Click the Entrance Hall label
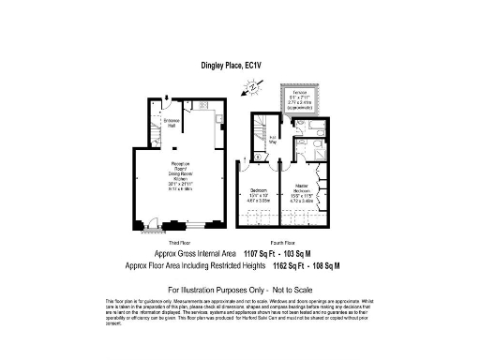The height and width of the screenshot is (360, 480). [172, 123]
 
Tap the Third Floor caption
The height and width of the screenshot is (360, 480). [179, 242]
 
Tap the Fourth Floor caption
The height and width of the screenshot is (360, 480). [281, 242]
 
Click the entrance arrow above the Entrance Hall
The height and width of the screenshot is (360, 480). [166, 97]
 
